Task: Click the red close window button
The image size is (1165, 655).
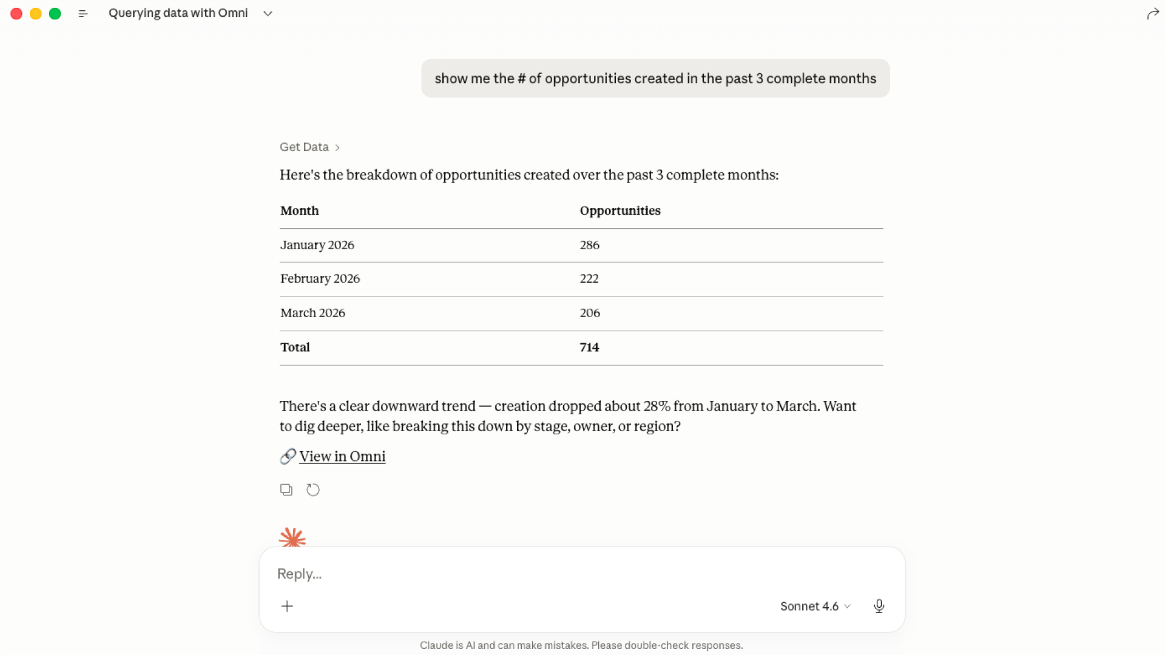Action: tap(16, 13)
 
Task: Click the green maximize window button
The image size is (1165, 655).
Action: tap(55, 13)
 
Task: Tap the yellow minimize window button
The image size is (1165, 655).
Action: tap(36, 13)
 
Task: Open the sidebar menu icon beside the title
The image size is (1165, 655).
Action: tap(83, 13)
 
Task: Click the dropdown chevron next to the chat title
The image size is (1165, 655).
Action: tap(268, 13)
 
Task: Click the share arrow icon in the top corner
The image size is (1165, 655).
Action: tap(1153, 14)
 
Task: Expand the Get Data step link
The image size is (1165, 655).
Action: tap(309, 147)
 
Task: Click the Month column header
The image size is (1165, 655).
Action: tap(299, 210)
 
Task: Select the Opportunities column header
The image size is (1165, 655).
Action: tap(620, 210)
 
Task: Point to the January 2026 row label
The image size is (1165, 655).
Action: tap(317, 245)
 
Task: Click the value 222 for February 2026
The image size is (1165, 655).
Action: tap(589, 278)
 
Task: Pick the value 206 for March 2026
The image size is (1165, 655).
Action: tap(589, 313)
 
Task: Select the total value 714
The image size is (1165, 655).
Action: tap(589, 348)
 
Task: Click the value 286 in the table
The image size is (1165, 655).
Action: tap(589, 245)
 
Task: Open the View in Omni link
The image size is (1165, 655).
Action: tap(342, 456)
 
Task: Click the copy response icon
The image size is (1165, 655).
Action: tap(286, 489)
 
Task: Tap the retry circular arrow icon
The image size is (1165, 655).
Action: tap(313, 489)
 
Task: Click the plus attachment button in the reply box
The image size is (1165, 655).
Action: tap(287, 606)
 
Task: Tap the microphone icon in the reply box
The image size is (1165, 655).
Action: tap(879, 606)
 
